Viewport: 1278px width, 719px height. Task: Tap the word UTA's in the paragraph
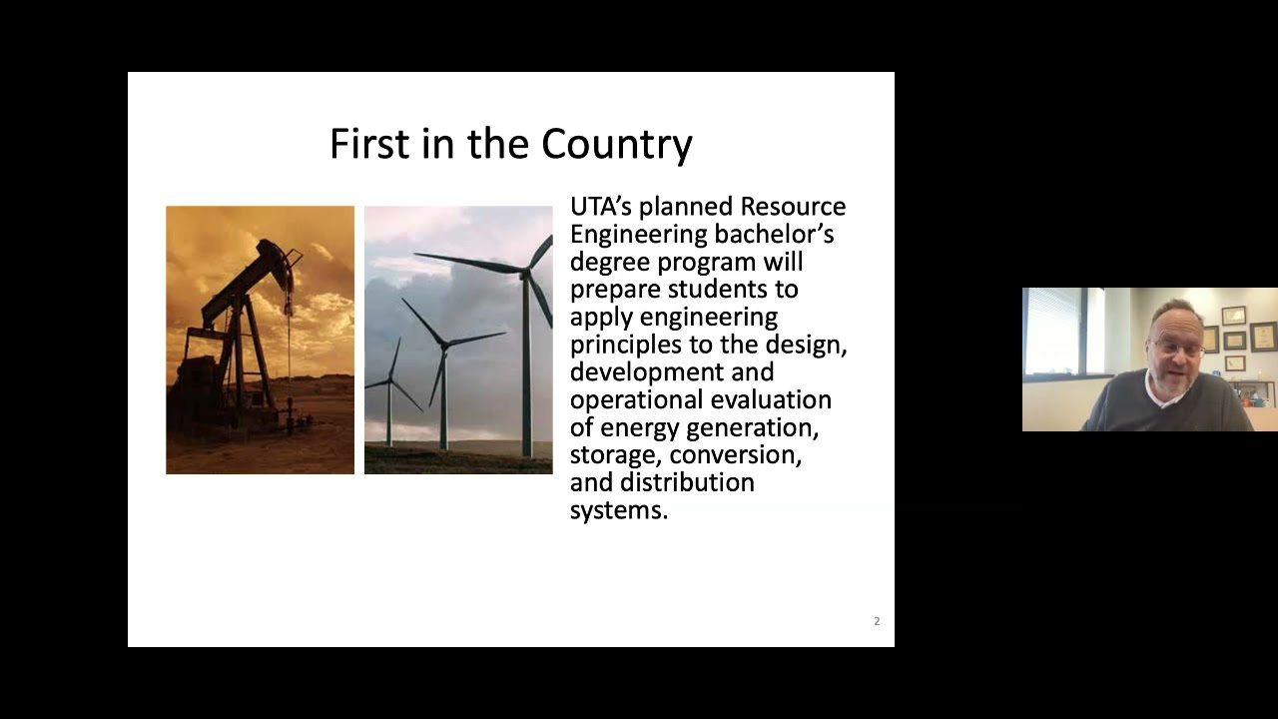click(600, 207)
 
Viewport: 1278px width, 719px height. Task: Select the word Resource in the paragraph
click(793, 207)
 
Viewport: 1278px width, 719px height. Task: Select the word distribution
click(687, 482)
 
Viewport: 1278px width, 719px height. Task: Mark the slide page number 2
click(877, 621)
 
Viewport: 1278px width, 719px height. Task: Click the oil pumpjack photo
click(260, 340)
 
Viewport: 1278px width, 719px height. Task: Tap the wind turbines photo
click(458, 340)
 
